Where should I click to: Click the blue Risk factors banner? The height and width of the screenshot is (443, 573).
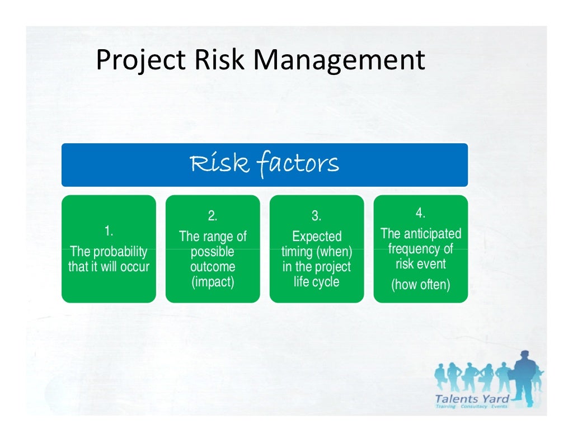[264, 164]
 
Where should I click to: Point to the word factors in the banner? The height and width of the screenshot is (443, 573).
[298, 164]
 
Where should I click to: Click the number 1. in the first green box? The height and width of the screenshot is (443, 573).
[109, 230]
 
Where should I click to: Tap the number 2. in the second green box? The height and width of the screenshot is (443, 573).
[213, 216]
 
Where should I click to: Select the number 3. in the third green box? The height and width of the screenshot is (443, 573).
[316, 216]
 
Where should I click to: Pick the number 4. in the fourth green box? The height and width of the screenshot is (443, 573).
[420, 213]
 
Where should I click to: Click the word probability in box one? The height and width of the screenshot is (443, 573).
[119, 252]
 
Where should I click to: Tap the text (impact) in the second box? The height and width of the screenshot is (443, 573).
[213, 282]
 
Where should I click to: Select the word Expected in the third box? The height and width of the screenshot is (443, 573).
[317, 237]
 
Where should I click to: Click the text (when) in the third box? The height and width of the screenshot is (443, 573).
[334, 252]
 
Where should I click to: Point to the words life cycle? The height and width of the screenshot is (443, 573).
[317, 282]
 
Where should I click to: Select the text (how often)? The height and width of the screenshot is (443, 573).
[420, 285]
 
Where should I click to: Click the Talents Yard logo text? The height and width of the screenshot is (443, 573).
[472, 399]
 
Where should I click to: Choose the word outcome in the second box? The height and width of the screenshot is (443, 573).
[213, 267]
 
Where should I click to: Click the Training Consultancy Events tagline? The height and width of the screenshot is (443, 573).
[471, 407]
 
